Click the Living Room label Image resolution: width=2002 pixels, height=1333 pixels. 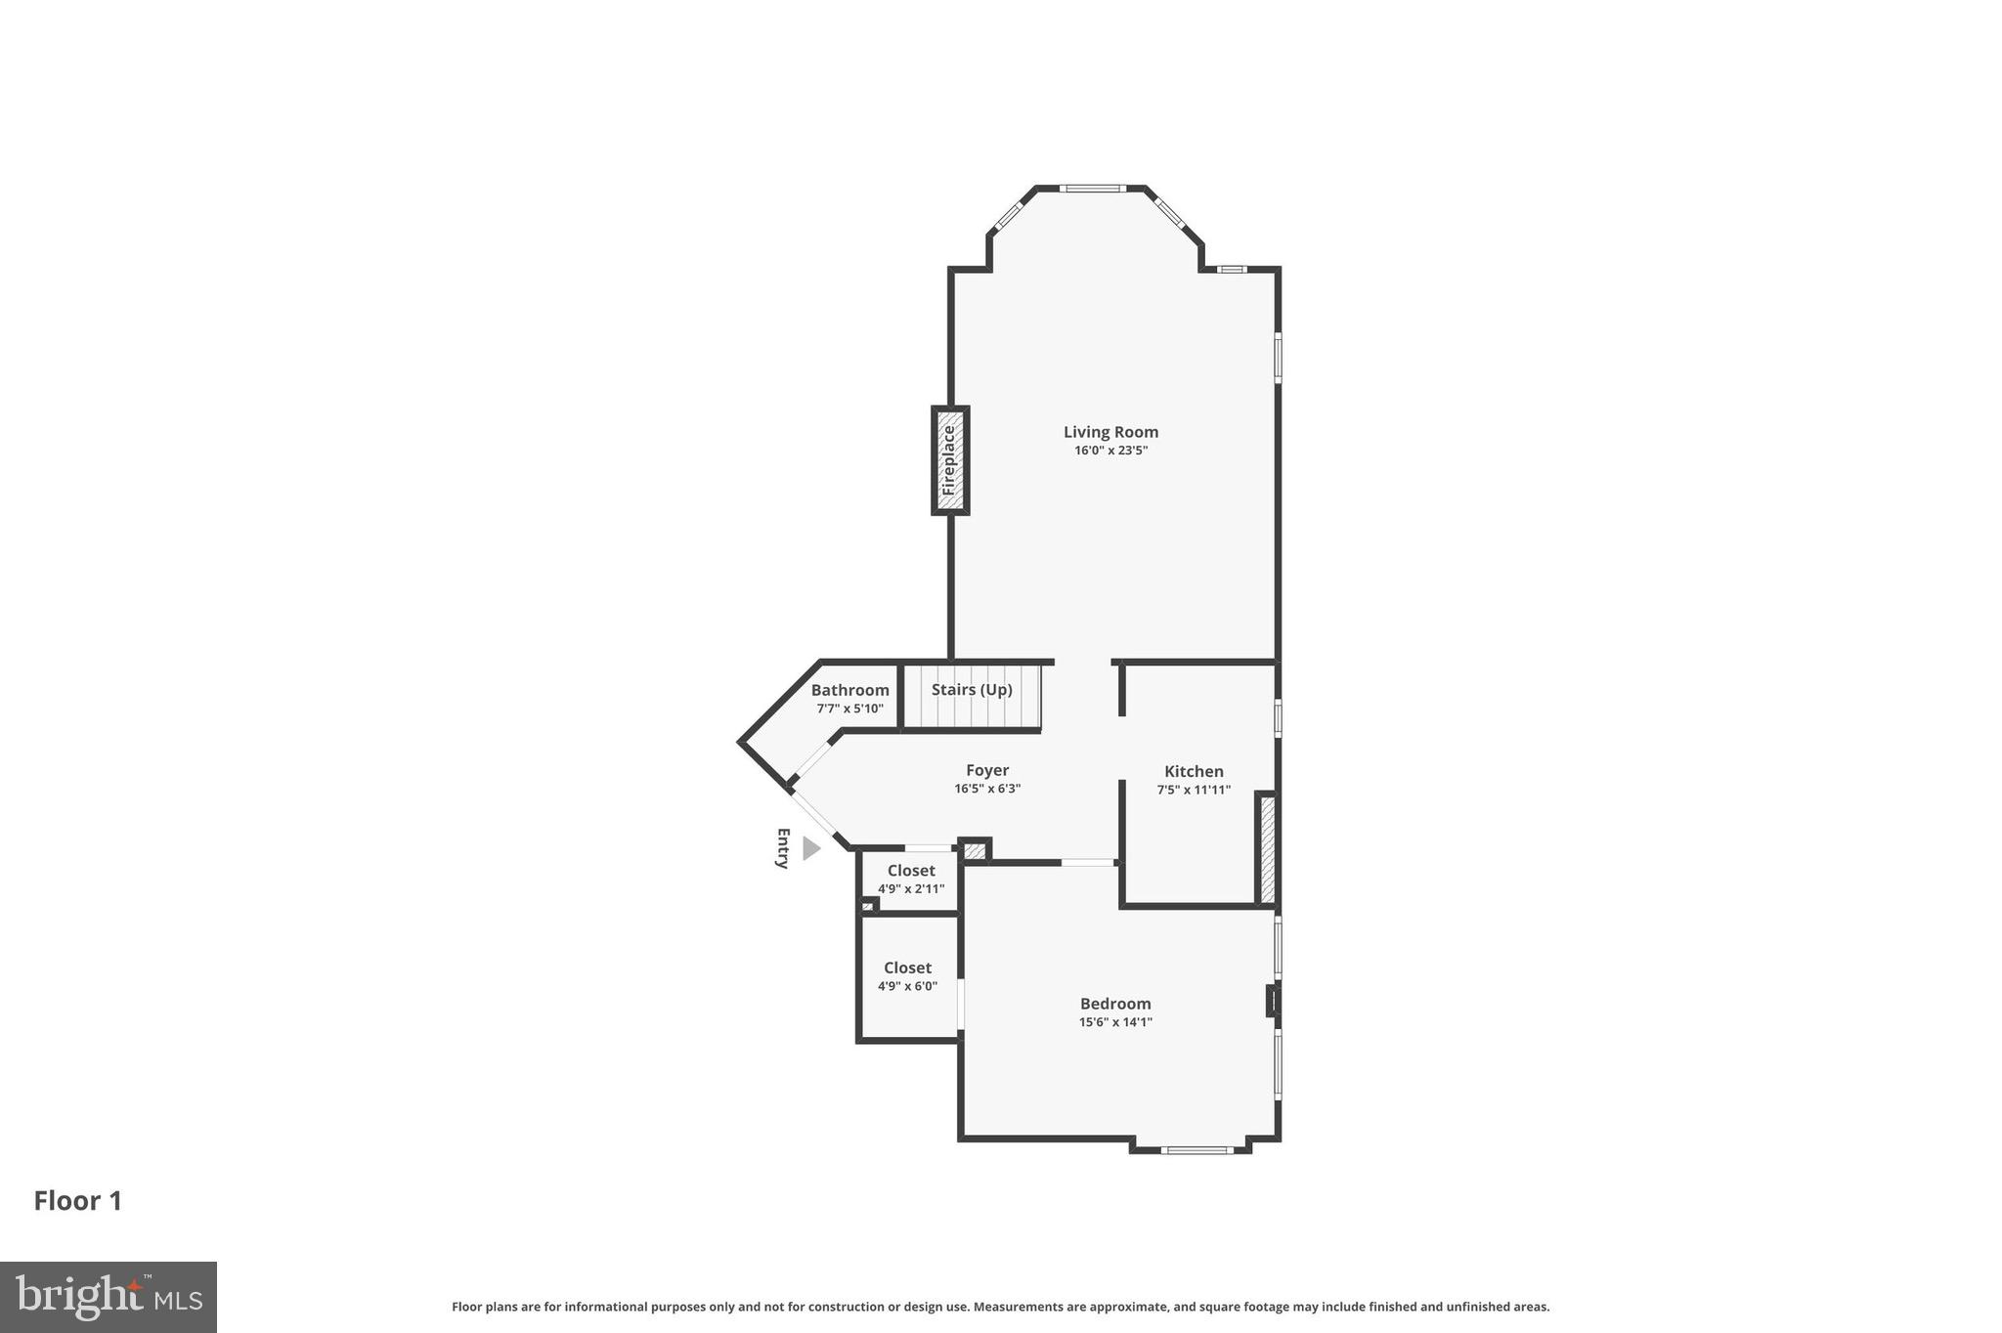coord(1110,432)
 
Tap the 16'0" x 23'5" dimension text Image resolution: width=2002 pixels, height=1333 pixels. coord(1110,451)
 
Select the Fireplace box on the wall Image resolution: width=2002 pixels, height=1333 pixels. coord(949,460)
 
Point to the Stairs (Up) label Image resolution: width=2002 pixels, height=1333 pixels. coord(972,690)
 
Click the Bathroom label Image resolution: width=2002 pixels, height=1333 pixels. coord(849,690)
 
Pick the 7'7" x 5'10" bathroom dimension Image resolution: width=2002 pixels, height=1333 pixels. coord(849,709)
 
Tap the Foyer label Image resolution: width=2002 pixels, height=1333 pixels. coord(987,770)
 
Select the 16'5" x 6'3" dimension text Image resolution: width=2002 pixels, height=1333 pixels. coord(987,789)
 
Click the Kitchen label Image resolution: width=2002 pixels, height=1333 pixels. coord(1194,771)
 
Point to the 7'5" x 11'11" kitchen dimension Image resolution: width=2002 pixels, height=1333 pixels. coord(1194,790)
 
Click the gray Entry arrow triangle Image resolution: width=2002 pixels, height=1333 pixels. coord(810,848)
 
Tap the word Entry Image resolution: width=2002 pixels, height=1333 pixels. coord(782,848)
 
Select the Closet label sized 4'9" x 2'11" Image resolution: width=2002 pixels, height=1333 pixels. coord(911,871)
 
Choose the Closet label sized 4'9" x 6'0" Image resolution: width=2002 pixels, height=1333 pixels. coord(907,967)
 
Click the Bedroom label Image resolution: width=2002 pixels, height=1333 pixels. coord(1115,1004)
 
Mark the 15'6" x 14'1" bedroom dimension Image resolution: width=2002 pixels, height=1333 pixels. coord(1115,1022)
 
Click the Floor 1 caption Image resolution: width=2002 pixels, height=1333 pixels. coord(78,1201)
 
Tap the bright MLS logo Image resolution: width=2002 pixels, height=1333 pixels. coord(109,1297)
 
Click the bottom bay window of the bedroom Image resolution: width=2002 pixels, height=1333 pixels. coord(1197,1150)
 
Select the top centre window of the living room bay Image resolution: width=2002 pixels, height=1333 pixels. coord(1092,188)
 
